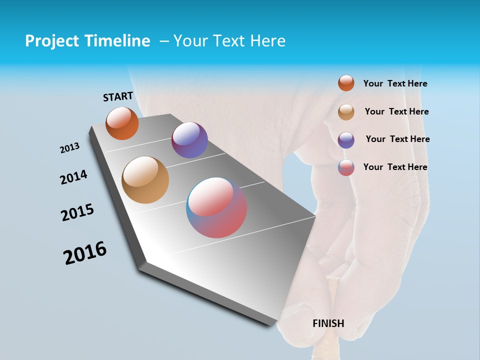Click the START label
pos(118,96)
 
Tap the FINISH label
pos(328,323)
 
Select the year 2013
pos(70,148)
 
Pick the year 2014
pos(74,177)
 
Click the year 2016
pos(85,253)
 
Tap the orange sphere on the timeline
pos(122,123)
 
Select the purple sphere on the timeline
pos(189,140)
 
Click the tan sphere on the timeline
pos(145,180)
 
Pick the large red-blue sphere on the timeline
pos(216,207)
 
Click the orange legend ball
pos(346,83)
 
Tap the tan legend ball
pos(346,112)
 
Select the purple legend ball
pos(346,140)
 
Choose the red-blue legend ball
pos(346,167)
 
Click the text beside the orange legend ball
pos(395,84)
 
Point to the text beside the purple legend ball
pos(397,139)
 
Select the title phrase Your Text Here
pos(229,41)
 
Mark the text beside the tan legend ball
pos(396,111)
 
